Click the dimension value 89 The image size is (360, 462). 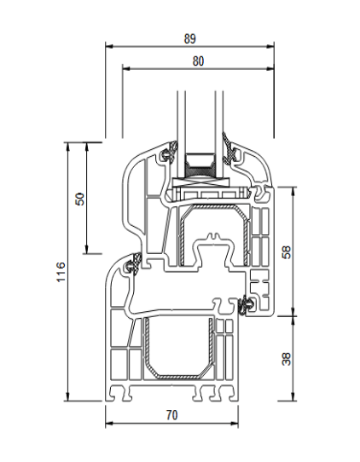coord(190,38)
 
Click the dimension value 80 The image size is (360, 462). coord(198,61)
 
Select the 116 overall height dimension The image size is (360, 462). coord(61,272)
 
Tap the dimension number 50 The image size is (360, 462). coord(80,199)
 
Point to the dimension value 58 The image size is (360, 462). coord(287,252)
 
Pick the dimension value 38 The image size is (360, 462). coord(287,359)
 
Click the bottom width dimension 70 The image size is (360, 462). coord(171,415)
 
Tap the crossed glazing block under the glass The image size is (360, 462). coord(201,182)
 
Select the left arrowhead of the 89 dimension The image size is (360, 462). coord(109,46)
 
